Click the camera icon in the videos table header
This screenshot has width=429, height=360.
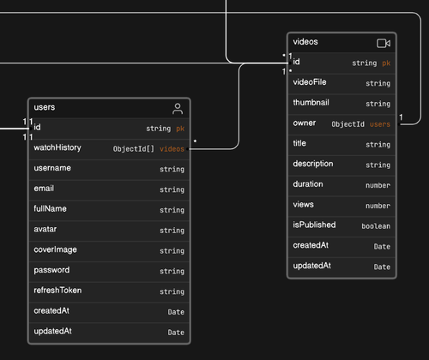pyautogui.click(x=384, y=44)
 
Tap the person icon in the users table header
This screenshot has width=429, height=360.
pyautogui.click(x=178, y=109)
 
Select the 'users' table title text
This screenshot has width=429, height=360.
pyautogui.click(x=45, y=107)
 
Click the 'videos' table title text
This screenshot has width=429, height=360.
pyautogui.click(x=305, y=42)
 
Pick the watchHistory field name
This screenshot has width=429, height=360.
pyautogui.click(x=57, y=147)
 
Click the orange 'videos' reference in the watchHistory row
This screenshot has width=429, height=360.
pyautogui.click(x=172, y=149)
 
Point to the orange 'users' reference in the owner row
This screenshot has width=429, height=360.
pyautogui.click(x=380, y=124)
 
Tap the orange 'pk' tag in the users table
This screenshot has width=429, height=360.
pyautogui.click(x=180, y=129)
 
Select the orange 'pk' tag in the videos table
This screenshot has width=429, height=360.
pyautogui.click(x=386, y=63)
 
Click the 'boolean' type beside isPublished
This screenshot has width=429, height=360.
pyautogui.click(x=376, y=226)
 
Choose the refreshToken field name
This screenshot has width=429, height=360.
pyautogui.click(x=57, y=291)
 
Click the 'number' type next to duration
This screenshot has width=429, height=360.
pyautogui.click(x=378, y=185)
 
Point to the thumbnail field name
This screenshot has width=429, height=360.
pyautogui.click(x=311, y=103)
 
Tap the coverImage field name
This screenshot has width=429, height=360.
pyautogui.click(x=55, y=249)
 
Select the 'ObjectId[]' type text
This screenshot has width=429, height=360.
pyautogui.click(x=134, y=149)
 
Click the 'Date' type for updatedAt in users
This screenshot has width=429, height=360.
pyautogui.click(x=176, y=333)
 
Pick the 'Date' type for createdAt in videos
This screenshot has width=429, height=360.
pyautogui.click(x=382, y=247)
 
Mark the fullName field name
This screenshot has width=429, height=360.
pyautogui.click(x=50, y=209)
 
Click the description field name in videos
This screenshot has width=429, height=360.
pyautogui.click(x=313, y=164)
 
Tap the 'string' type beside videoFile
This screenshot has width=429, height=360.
pyautogui.click(x=378, y=83)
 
